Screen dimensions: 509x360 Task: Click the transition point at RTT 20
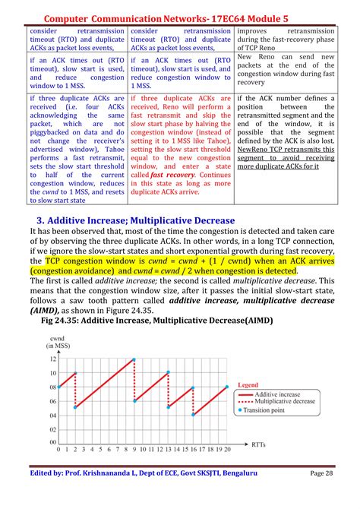coord(226,387)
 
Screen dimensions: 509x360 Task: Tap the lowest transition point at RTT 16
coord(193,415)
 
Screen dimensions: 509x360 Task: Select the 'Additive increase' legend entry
coord(276,395)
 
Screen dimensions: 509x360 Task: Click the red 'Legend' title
coord(248,386)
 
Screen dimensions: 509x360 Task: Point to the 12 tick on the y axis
coord(52,359)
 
